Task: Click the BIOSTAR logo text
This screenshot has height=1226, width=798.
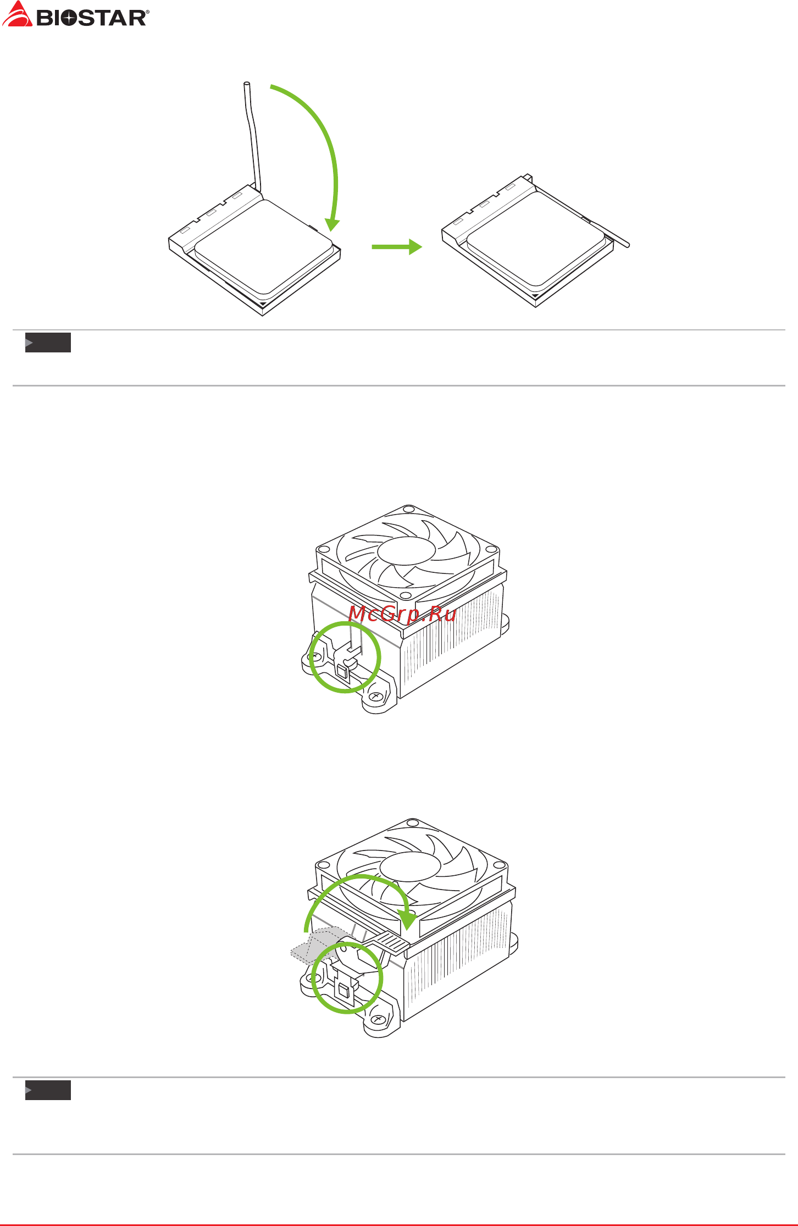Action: (x=91, y=18)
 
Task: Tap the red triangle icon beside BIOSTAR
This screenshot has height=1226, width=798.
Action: (x=17, y=14)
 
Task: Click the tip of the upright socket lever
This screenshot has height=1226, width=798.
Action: (x=247, y=84)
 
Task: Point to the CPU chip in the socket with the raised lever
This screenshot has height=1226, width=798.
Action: (x=263, y=247)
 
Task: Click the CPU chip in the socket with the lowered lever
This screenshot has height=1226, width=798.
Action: (x=536, y=239)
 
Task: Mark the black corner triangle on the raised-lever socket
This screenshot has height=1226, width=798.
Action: (x=263, y=303)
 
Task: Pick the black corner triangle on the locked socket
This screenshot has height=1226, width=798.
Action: (x=536, y=296)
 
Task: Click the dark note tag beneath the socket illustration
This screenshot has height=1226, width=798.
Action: (x=48, y=343)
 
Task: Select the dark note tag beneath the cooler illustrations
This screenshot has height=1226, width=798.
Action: (x=48, y=1090)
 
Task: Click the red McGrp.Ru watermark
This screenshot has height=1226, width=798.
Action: (x=402, y=614)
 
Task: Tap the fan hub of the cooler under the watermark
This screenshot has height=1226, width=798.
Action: (x=407, y=551)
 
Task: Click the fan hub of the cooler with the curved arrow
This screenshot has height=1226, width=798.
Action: (x=410, y=868)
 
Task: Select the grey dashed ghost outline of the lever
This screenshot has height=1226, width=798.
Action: (x=316, y=945)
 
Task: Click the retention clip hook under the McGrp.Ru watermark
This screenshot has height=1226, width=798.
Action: (x=350, y=651)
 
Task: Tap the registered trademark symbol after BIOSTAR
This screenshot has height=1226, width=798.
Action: (x=147, y=12)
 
